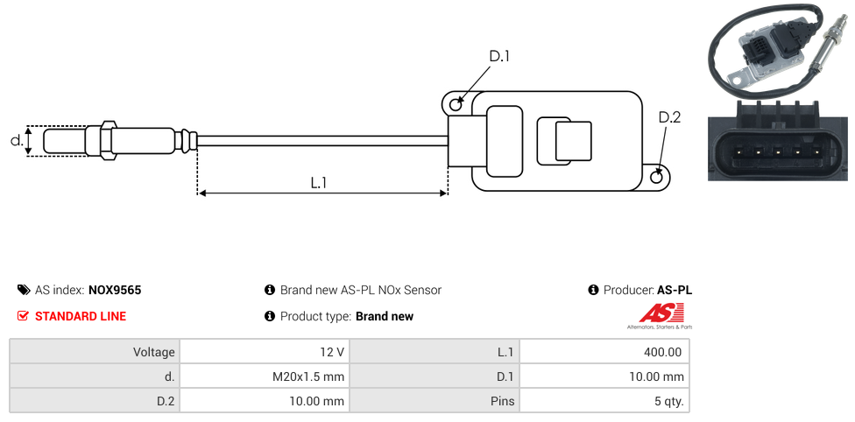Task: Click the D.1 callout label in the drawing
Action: (x=499, y=56)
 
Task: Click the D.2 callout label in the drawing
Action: (x=669, y=118)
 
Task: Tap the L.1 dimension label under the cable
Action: (x=319, y=182)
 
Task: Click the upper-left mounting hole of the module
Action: (x=456, y=105)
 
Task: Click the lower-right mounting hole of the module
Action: (x=658, y=177)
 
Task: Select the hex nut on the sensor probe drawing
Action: (x=109, y=140)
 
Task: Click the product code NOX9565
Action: (x=115, y=290)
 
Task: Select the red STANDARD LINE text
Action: (x=81, y=316)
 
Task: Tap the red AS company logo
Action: (x=658, y=313)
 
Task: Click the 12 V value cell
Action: (x=263, y=352)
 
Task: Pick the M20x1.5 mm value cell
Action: (x=263, y=376)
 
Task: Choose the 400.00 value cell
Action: (x=604, y=352)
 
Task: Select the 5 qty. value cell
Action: (x=604, y=402)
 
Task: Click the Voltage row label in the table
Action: (x=95, y=352)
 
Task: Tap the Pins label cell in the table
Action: (x=435, y=402)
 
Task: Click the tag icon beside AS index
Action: (x=23, y=290)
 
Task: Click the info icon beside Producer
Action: (x=593, y=290)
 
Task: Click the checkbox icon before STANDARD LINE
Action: (x=23, y=316)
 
